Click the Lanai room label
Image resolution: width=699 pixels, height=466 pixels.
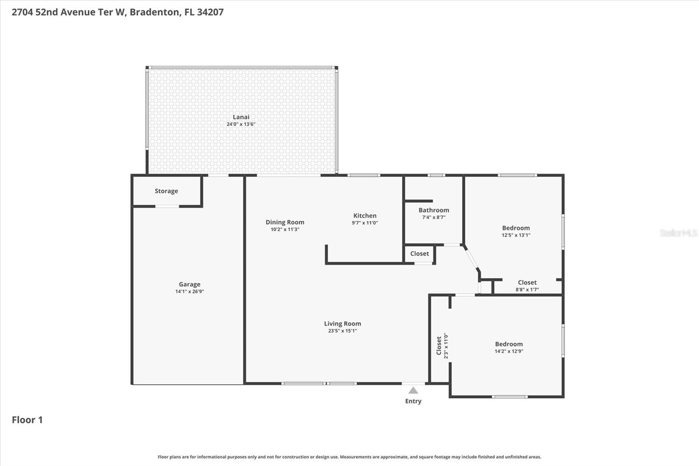241,117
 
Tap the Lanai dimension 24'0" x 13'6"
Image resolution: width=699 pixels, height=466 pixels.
241,124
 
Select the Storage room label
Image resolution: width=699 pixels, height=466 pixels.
166,191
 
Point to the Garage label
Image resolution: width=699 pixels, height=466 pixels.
190,284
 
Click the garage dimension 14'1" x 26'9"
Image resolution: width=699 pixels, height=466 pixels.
190,292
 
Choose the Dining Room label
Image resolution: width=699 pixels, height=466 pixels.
285,222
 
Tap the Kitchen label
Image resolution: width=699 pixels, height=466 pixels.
365,216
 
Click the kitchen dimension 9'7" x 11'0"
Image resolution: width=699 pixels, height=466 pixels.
365,223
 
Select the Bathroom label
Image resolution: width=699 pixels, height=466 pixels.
434,210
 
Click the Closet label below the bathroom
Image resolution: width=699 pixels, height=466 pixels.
419,254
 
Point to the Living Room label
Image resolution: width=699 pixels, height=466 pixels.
343,323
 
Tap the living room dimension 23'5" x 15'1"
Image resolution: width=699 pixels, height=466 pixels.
343,331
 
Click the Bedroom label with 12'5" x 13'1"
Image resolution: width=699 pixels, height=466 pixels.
516,228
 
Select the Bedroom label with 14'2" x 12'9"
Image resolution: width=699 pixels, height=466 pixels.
509,344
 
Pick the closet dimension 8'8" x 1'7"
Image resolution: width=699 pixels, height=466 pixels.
527,290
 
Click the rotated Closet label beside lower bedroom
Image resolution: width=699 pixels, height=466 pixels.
439,346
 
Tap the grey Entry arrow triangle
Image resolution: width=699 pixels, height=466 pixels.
413,390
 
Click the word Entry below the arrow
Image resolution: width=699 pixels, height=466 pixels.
413,401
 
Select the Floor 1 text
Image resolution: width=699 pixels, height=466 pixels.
27,420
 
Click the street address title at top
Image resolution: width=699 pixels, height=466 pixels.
118,12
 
